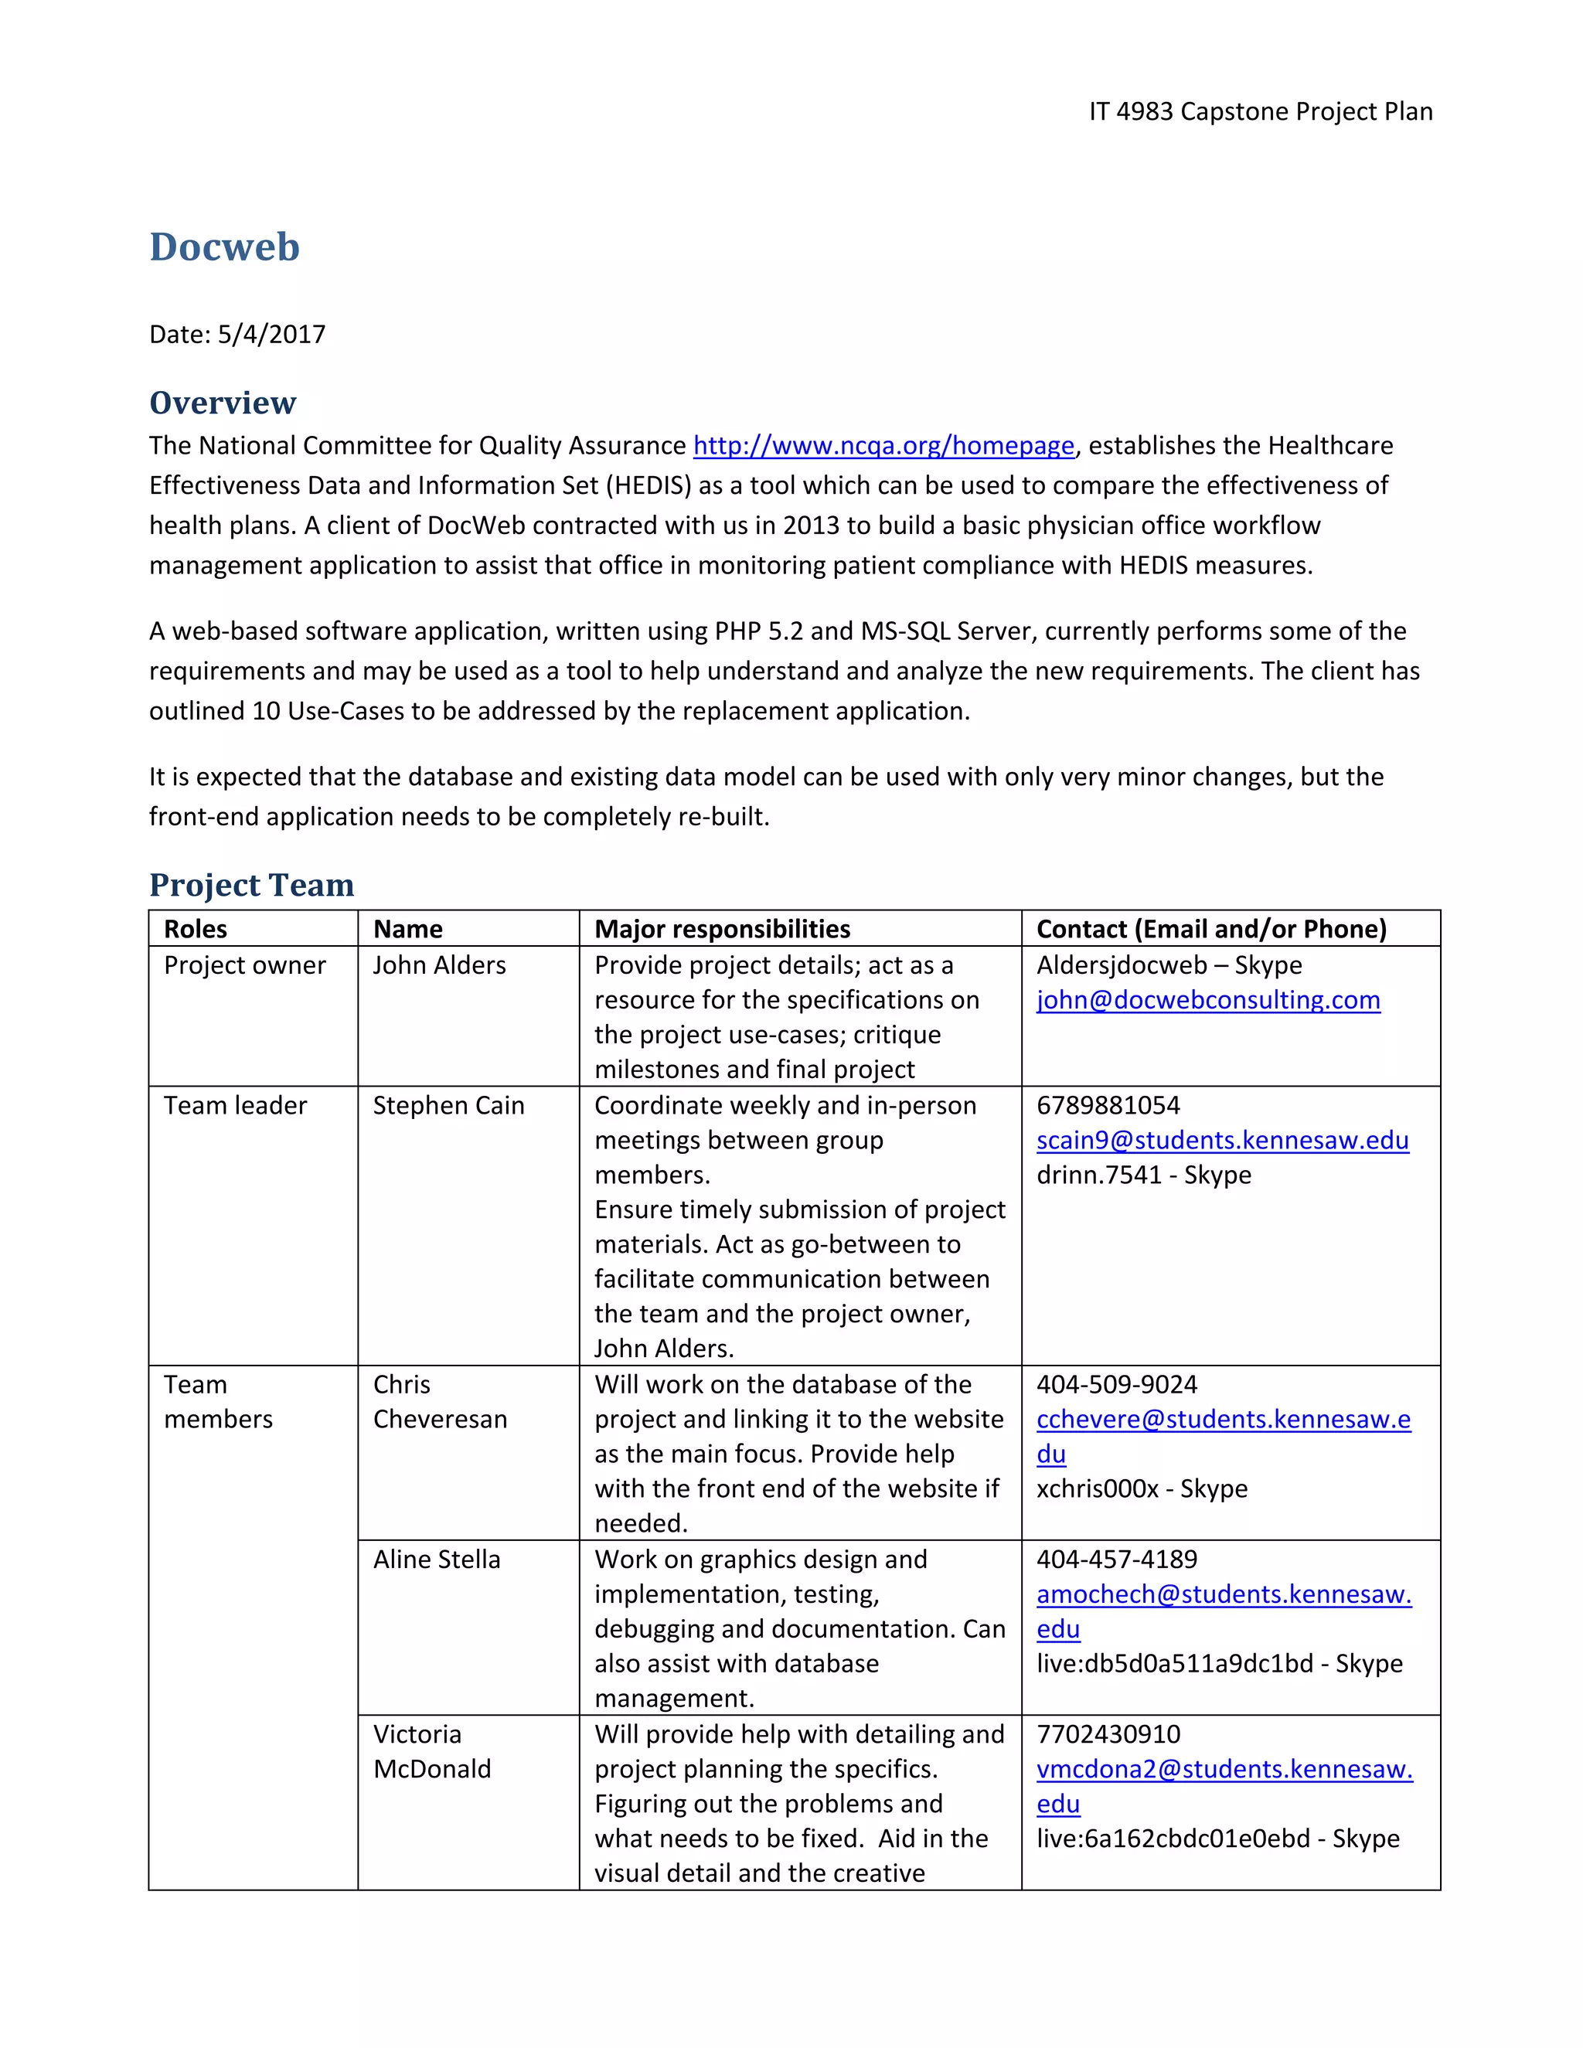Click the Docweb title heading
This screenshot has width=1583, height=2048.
[x=224, y=247]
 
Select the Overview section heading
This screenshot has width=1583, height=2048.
[x=223, y=403]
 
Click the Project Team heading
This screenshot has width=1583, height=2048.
[x=251, y=884]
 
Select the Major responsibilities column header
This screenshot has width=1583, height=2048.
[x=722, y=928]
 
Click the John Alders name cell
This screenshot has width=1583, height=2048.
[x=439, y=965]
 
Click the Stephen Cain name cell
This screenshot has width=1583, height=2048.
[x=448, y=1106]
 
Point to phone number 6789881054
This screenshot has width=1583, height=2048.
[x=1108, y=1106]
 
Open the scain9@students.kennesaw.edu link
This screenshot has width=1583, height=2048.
[x=1222, y=1140]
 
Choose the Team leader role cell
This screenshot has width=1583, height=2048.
[x=236, y=1106]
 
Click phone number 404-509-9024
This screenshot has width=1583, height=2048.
[x=1116, y=1384]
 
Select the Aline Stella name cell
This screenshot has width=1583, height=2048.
[x=436, y=1560]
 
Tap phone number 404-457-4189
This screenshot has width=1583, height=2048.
[x=1116, y=1560]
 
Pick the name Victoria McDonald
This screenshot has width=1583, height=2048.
[x=431, y=1752]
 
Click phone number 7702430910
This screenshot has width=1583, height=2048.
[x=1108, y=1734]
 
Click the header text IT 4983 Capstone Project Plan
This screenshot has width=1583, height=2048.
[x=1261, y=111]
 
